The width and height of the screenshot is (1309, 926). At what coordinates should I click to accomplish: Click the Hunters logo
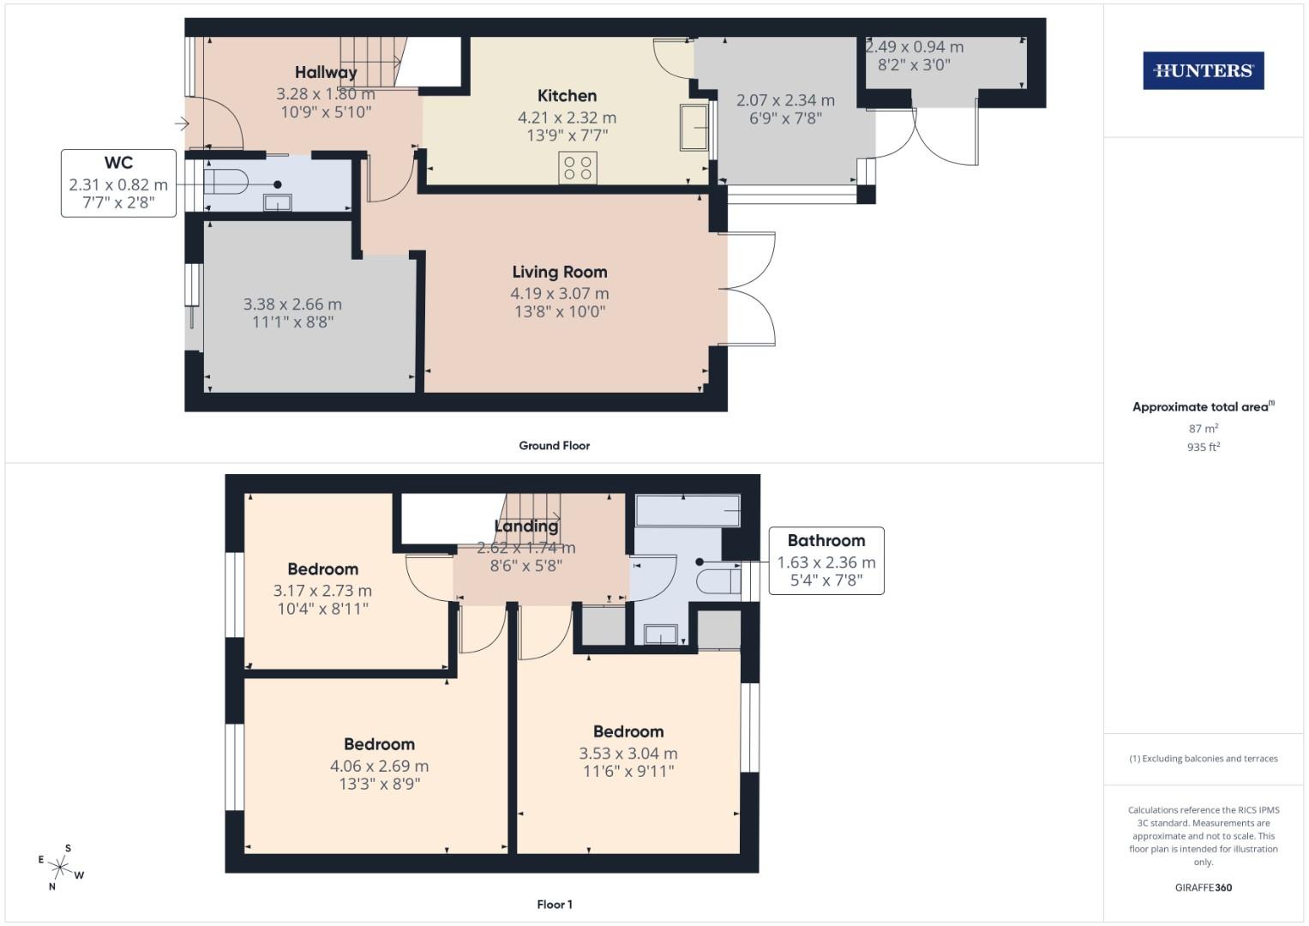point(1203,70)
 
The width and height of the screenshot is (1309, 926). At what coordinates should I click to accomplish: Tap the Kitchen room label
point(567,96)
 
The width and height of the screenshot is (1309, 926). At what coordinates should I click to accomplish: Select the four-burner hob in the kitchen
point(578,167)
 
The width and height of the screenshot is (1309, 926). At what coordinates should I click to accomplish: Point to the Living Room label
point(559,272)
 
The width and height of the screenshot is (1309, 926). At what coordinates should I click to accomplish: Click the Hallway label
point(326,73)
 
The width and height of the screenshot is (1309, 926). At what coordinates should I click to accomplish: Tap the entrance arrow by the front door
point(182,124)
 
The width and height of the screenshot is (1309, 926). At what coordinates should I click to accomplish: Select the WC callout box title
point(118,163)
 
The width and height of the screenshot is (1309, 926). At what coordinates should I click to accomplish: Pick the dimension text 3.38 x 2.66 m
point(292,304)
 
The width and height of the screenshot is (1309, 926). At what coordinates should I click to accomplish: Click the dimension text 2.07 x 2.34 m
point(785,100)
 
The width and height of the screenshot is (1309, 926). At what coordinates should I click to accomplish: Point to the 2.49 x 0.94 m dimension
point(914,47)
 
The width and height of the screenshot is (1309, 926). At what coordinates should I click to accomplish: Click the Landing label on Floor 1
point(526,526)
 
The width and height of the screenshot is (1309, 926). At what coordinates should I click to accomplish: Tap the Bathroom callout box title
point(826,541)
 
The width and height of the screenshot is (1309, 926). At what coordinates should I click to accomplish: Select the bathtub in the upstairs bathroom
point(687,511)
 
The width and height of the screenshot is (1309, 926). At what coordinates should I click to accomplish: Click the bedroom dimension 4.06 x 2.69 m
point(379,767)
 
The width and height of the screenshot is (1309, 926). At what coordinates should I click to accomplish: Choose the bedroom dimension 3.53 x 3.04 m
point(627,754)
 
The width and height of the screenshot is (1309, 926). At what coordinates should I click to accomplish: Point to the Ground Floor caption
point(554,446)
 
